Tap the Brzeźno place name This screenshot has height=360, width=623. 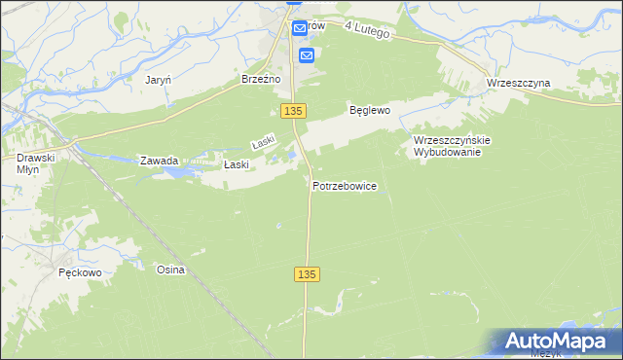tap(261, 80)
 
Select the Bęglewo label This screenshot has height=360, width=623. tap(370, 111)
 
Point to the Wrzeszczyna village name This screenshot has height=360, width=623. tap(518, 84)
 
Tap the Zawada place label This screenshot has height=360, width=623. tap(159, 161)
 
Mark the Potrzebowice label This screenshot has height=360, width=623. tap(345, 185)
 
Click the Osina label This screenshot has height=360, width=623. tap(170, 270)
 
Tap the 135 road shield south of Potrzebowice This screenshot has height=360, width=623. tap(306, 275)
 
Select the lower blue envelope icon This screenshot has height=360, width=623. tap(307, 55)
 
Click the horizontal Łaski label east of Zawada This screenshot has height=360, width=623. tap(237, 164)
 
